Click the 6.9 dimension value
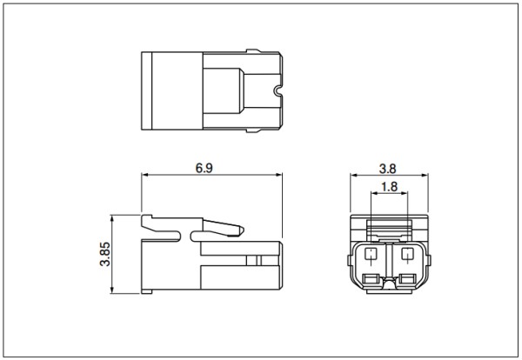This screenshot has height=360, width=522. (x=204, y=168)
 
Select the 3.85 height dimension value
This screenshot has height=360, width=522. (x=105, y=254)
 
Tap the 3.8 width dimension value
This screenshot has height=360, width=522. (x=388, y=169)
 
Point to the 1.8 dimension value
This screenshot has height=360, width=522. (x=389, y=187)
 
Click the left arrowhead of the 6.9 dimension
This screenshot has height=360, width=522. (x=145, y=175)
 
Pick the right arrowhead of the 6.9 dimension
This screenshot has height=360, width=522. (x=278, y=175)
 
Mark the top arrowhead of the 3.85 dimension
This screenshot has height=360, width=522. (x=112, y=218)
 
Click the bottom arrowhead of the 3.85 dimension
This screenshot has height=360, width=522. (x=112, y=290)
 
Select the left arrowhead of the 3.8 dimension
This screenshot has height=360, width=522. (x=354, y=176)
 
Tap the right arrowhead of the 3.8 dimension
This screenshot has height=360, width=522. (x=425, y=176)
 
